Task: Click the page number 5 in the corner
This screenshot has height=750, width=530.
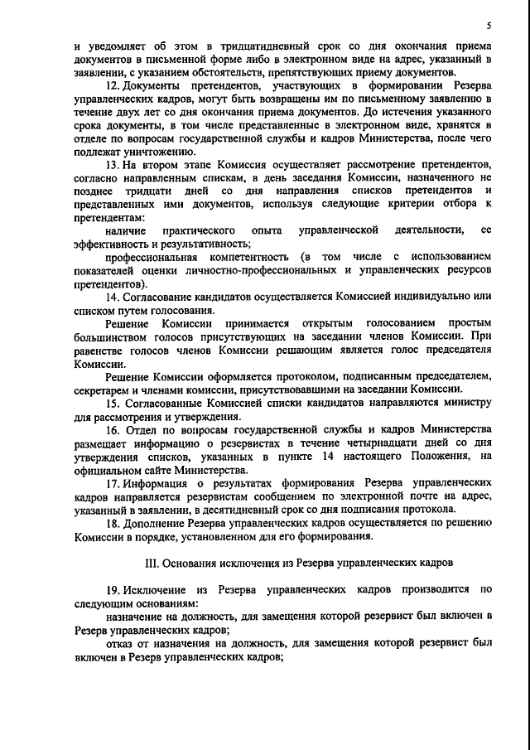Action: (490, 26)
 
